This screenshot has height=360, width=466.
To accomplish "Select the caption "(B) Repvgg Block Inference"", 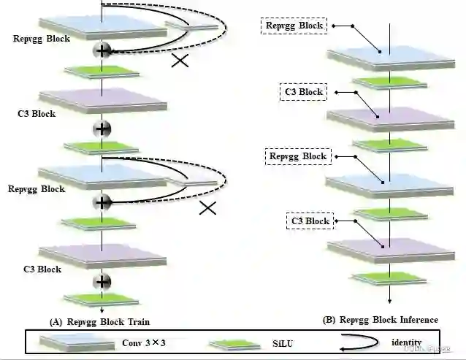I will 381,320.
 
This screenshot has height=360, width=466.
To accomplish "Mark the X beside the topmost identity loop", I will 181,60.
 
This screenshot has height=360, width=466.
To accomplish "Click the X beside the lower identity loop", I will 208,208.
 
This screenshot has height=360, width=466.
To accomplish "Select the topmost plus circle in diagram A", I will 102,50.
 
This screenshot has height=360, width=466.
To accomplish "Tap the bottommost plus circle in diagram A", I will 102,282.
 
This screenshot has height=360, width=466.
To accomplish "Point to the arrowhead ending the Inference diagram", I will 391,300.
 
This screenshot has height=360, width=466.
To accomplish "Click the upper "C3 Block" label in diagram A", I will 37,114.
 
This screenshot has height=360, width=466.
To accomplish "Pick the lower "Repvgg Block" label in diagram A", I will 37,189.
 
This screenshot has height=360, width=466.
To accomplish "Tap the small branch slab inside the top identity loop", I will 192,26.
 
